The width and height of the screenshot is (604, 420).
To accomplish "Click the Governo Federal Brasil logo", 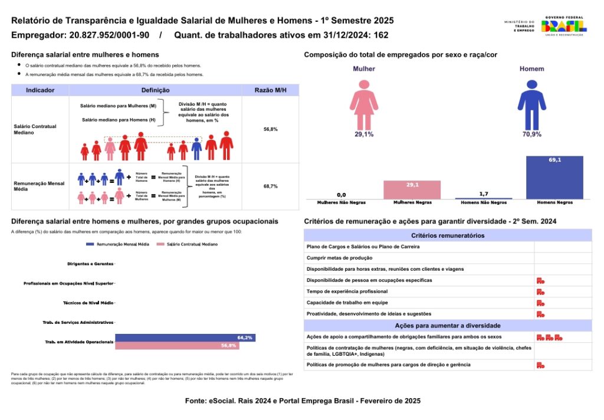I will click(564, 27).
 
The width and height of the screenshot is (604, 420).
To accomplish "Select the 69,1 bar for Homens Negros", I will click(554, 178).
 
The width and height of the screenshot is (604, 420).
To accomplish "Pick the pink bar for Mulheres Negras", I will click(412, 190).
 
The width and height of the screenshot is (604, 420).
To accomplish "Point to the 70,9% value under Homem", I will click(531, 134).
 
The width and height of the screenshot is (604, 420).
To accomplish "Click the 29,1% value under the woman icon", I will click(364, 134).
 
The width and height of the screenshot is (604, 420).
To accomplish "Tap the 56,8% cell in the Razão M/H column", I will click(270, 129).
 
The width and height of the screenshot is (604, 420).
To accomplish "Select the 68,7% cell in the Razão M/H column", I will click(270, 186).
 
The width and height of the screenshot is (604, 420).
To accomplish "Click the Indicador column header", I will click(41, 90).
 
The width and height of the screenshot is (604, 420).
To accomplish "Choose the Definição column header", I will click(156, 90).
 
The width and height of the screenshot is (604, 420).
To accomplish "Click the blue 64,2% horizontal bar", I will click(185, 337).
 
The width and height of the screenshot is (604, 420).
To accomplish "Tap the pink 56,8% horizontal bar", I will click(176, 346).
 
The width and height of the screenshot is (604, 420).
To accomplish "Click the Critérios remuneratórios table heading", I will click(448, 235).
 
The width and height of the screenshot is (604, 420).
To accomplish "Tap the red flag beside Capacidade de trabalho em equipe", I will click(540, 303).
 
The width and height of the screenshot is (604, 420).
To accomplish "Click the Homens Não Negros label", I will click(483, 202).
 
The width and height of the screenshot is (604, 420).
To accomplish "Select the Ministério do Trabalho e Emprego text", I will click(519, 27).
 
